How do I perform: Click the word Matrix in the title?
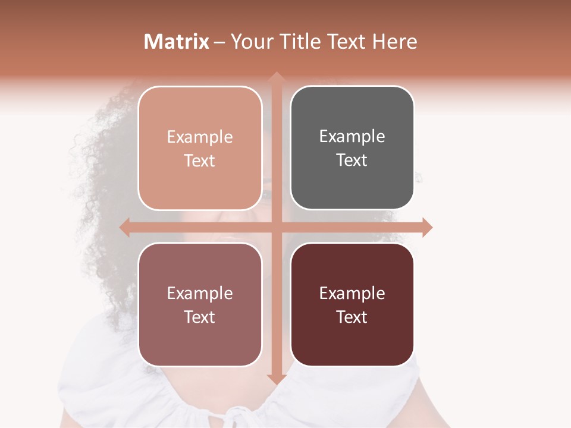click(x=177, y=42)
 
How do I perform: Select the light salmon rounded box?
click(x=200, y=149)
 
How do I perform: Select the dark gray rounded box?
click(x=352, y=148)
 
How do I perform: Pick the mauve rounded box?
click(x=200, y=304)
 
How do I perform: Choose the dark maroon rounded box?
click(x=352, y=304)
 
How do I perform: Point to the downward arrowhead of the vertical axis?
click(x=276, y=379)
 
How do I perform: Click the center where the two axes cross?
click(x=276, y=227)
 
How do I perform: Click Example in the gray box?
click(x=352, y=137)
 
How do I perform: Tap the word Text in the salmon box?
click(x=200, y=161)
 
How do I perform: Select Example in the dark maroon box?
click(x=352, y=293)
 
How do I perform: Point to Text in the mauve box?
click(x=200, y=317)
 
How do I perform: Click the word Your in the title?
click(x=250, y=42)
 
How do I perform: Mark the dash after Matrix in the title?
click(x=219, y=42)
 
